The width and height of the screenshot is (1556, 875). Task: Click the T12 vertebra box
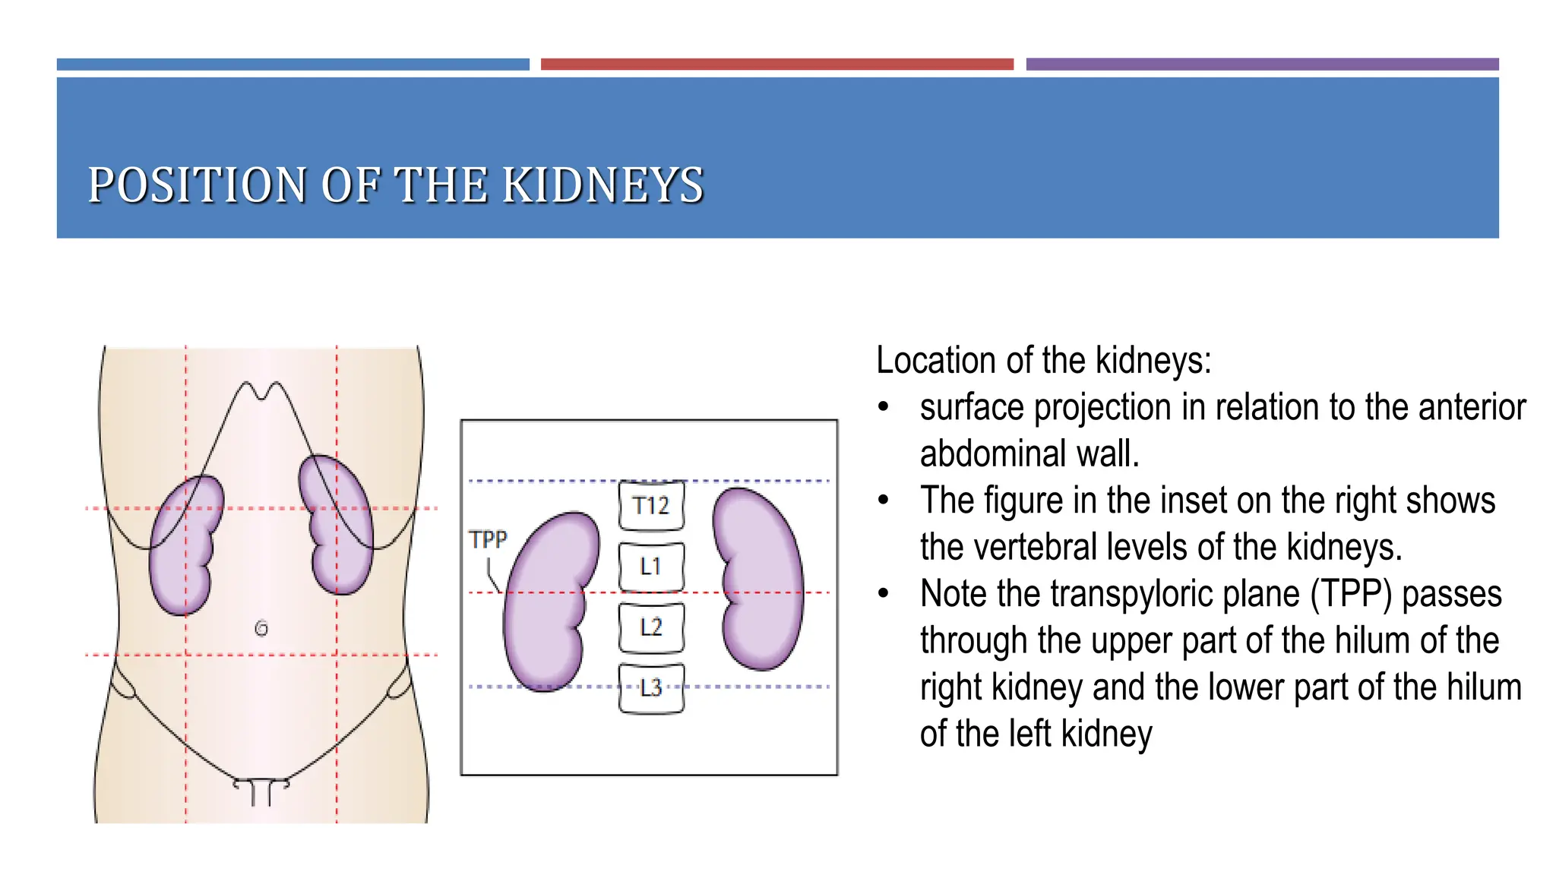point(651,505)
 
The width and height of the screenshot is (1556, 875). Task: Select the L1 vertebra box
point(651,567)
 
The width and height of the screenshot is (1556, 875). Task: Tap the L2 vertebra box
point(651,627)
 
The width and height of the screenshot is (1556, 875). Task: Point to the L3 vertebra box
point(651,688)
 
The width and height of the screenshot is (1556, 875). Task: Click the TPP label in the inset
point(488,539)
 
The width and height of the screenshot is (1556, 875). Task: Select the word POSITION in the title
point(197,185)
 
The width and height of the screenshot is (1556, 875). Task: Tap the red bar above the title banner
point(776,65)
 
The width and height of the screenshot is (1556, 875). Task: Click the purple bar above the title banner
point(1262,65)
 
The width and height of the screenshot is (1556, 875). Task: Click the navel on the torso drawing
point(261,628)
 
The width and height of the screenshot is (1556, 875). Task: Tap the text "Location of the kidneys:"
point(1043,360)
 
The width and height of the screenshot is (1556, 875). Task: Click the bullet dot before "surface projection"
point(883,407)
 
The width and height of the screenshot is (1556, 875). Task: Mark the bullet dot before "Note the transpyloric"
point(883,594)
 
